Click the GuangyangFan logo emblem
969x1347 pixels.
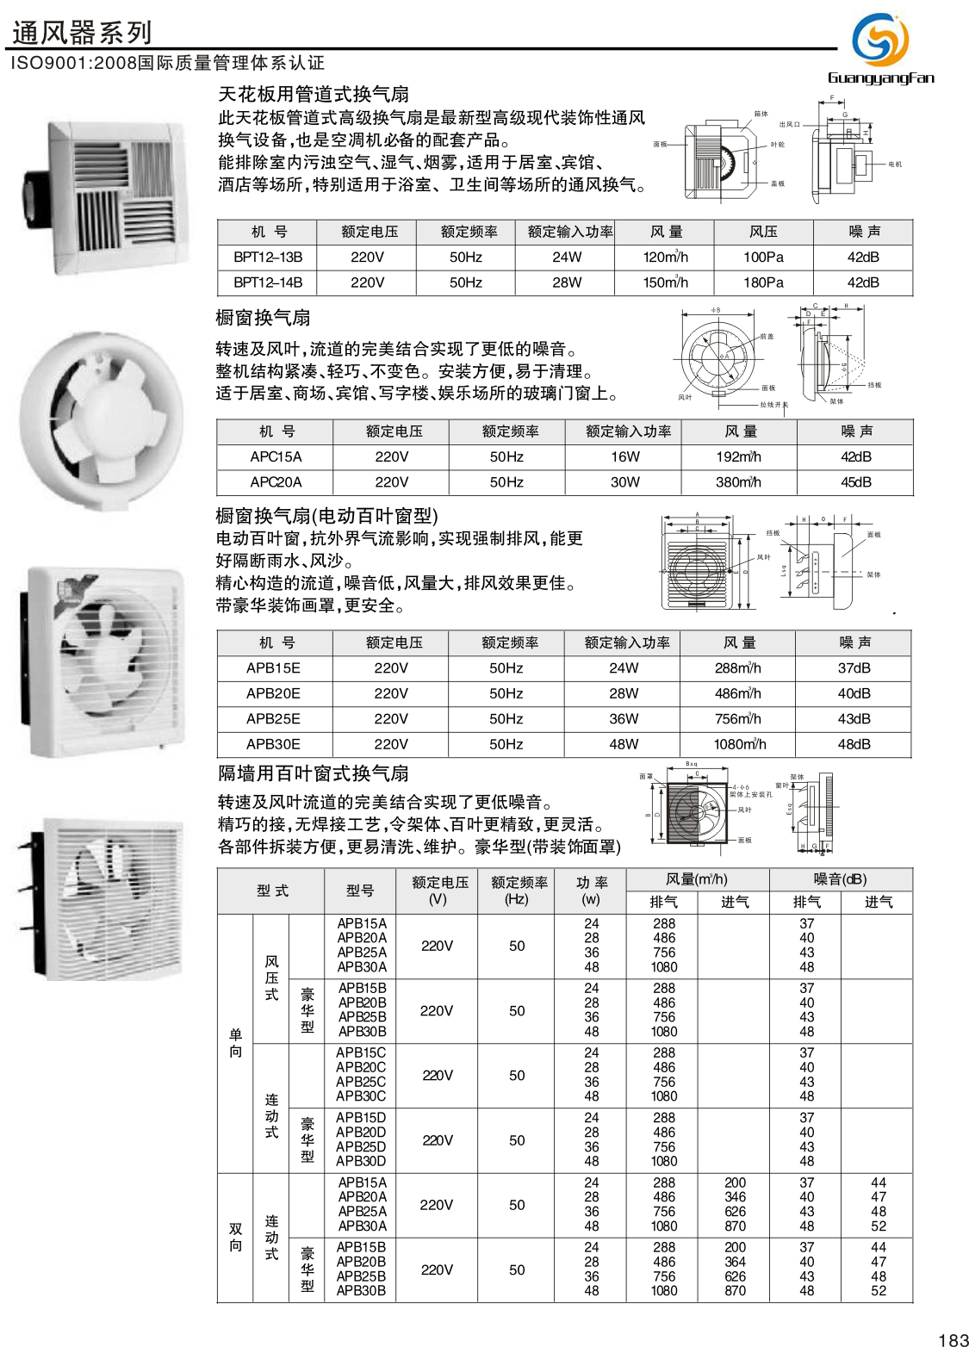click(879, 40)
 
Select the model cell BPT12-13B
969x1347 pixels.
click(268, 257)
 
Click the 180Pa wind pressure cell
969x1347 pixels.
click(763, 282)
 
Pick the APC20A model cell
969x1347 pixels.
click(276, 482)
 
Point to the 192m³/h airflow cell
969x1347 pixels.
click(738, 456)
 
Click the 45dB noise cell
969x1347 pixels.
click(855, 482)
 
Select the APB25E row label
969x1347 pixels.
click(273, 718)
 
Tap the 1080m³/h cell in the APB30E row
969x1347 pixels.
click(739, 744)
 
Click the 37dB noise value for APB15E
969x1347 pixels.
click(854, 667)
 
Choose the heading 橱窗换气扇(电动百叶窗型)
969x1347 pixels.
click(326, 516)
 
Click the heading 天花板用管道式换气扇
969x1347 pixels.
click(314, 94)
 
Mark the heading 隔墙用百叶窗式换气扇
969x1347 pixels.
click(314, 773)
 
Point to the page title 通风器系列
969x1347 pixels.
click(82, 33)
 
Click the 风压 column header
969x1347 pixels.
click(763, 232)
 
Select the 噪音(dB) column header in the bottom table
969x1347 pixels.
click(840, 879)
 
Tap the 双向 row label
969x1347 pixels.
click(235, 1238)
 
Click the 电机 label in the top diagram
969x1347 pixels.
click(895, 164)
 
